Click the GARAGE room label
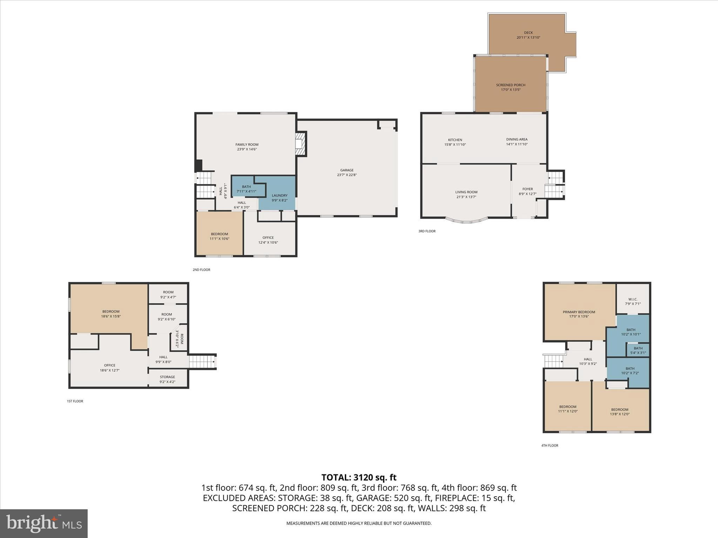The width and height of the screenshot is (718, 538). click(x=347, y=171)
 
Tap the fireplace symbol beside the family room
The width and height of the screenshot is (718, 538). click(x=300, y=144)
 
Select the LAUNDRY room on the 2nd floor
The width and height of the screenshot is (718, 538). click(x=279, y=198)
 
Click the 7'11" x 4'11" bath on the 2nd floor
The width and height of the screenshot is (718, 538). click(x=246, y=189)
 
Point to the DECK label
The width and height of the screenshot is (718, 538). click(x=528, y=33)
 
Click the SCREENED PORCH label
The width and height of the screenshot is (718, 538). click(x=510, y=85)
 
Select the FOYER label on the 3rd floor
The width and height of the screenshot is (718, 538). click(x=527, y=189)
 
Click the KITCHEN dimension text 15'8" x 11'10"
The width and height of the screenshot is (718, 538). click(x=455, y=145)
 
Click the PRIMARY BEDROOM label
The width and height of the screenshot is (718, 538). click(x=579, y=312)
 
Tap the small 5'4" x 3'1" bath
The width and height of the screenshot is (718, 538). click(x=638, y=350)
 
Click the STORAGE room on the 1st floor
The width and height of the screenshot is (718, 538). click(x=168, y=379)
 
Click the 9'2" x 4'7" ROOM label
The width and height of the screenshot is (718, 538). click(x=168, y=292)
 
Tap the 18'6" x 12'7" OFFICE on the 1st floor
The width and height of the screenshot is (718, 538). click(x=110, y=367)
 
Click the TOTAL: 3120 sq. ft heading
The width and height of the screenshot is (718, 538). click(x=359, y=477)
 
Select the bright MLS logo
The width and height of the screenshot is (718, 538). click(x=44, y=523)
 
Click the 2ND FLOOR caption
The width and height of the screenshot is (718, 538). click(x=201, y=270)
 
